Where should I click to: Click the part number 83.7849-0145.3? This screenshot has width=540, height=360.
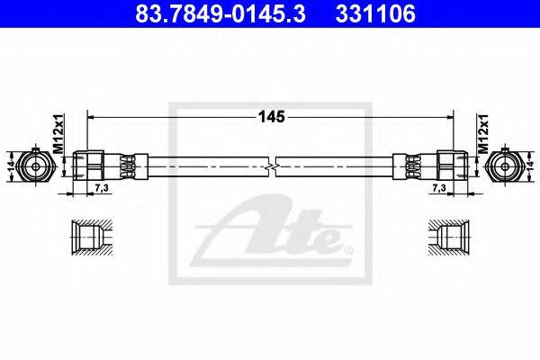coord(220,14)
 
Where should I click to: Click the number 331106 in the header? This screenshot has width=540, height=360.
coord(375,14)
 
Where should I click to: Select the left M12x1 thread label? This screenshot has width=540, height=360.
coord(58,134)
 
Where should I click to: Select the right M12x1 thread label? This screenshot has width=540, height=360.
coord(482,134)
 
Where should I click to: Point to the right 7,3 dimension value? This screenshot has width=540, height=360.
coord(439,188)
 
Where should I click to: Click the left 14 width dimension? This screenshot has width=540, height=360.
coord(12,166)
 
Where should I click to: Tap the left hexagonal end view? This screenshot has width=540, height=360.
coord(35,166)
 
